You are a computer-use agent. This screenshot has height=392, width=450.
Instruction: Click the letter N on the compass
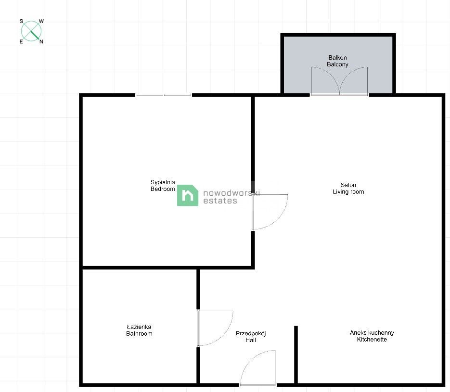[x=41, y=41]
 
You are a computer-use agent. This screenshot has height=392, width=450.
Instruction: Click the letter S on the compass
[x=21, y=21]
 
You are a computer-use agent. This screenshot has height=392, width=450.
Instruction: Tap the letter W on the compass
[x=41, y=21]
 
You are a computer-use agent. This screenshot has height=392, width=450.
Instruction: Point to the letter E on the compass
[x=21, y=41]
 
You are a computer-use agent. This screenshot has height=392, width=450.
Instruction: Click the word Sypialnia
[x=163, y=182]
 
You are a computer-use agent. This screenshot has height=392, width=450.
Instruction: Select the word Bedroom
[x=163, y=189]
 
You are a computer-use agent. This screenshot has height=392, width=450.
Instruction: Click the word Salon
[x=348, y=185]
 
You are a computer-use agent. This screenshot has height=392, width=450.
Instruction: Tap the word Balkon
[x=337, y=58]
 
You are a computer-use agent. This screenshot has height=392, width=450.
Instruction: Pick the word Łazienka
[x=139, y=327]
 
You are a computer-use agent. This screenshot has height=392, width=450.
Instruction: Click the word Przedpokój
[x=251, y=333]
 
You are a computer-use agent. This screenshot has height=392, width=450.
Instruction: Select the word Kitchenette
[x=372, y=340]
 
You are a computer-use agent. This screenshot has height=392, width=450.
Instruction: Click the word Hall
[x=251, y=340]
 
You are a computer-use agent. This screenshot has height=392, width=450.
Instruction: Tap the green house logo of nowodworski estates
[x=188, y=195]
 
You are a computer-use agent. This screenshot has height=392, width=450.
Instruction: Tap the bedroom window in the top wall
[x=164, y=95]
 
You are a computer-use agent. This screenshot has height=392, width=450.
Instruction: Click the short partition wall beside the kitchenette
[x=296, y=354]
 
